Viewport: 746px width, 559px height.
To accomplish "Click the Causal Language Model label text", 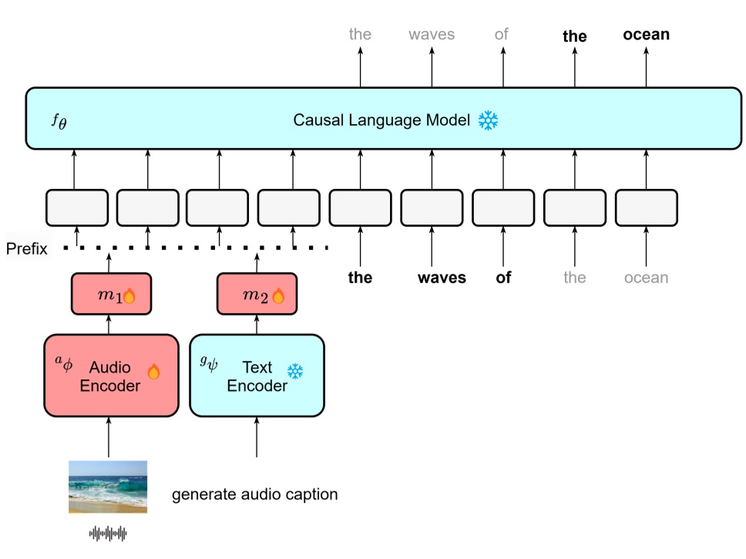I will click(381, 120).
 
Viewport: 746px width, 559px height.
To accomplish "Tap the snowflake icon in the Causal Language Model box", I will click(488, 120).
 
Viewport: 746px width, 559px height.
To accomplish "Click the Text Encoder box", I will click(256, 375).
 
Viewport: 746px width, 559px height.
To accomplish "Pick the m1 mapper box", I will click(109, 295).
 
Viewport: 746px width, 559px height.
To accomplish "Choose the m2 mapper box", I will click(256, 295).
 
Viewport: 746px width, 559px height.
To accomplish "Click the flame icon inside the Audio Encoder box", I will click(153, 372).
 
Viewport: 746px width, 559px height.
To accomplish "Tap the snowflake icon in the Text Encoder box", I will click(295, 372).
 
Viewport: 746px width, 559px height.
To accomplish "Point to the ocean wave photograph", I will click(108, 487).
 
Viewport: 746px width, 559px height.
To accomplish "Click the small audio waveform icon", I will click(108, 533).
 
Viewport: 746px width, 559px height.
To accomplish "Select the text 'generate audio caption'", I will click(254, 494).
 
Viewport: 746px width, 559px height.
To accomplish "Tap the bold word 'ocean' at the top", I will click(646, 35).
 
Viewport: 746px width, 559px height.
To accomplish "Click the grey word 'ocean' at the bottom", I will click(646, 278).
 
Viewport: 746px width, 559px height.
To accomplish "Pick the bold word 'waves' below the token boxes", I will click(442, 278).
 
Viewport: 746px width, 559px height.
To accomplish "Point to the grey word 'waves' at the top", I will click(432, 35).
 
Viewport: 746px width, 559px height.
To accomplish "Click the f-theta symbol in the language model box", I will click(59, 120).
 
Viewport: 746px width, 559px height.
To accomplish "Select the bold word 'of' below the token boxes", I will click(503, 278).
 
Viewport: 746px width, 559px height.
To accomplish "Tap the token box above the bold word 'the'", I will click(360, 207).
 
